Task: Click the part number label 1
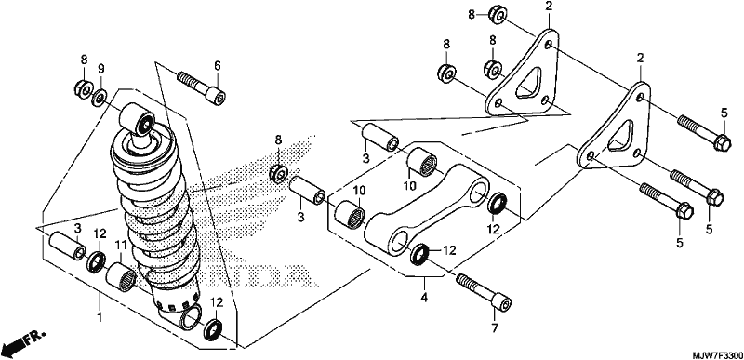pos(100,317)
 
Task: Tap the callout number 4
pos(424,298)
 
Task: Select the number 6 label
pos(218,66)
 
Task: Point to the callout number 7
pos(495,327)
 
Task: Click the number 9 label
pos(101,69)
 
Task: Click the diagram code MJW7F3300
pos(716,354)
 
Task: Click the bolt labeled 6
pos(201,87)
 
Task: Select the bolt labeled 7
pos(484,292)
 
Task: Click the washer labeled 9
pos(100,98)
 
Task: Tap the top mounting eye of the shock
pos(137,118)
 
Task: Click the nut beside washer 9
pos(83,88)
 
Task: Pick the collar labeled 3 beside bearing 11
pos(68,246)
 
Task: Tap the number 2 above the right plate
pos(641,58)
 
